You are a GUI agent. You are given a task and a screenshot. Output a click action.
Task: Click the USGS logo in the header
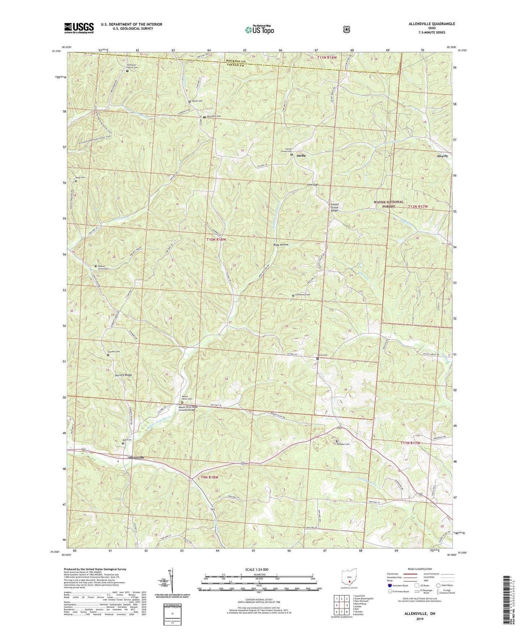pyautogui.click(x=79, y=28)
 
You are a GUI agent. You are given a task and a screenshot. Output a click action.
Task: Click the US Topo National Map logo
pyautogui.click(x=259, y=29)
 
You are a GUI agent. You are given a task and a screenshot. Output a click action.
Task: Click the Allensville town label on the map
pyautogui.click(x=136, y=458)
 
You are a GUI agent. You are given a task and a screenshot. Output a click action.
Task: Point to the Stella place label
pyautogui.click(x=301, y=156)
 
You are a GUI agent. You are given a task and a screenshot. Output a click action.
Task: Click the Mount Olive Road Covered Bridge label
pyautogui.click(x=187, y=408)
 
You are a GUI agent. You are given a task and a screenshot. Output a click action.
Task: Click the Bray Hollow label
pyautogui.click(x=281, y=245)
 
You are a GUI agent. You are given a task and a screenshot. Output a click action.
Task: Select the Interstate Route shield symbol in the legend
pyautogui.click(x=389, y=585)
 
